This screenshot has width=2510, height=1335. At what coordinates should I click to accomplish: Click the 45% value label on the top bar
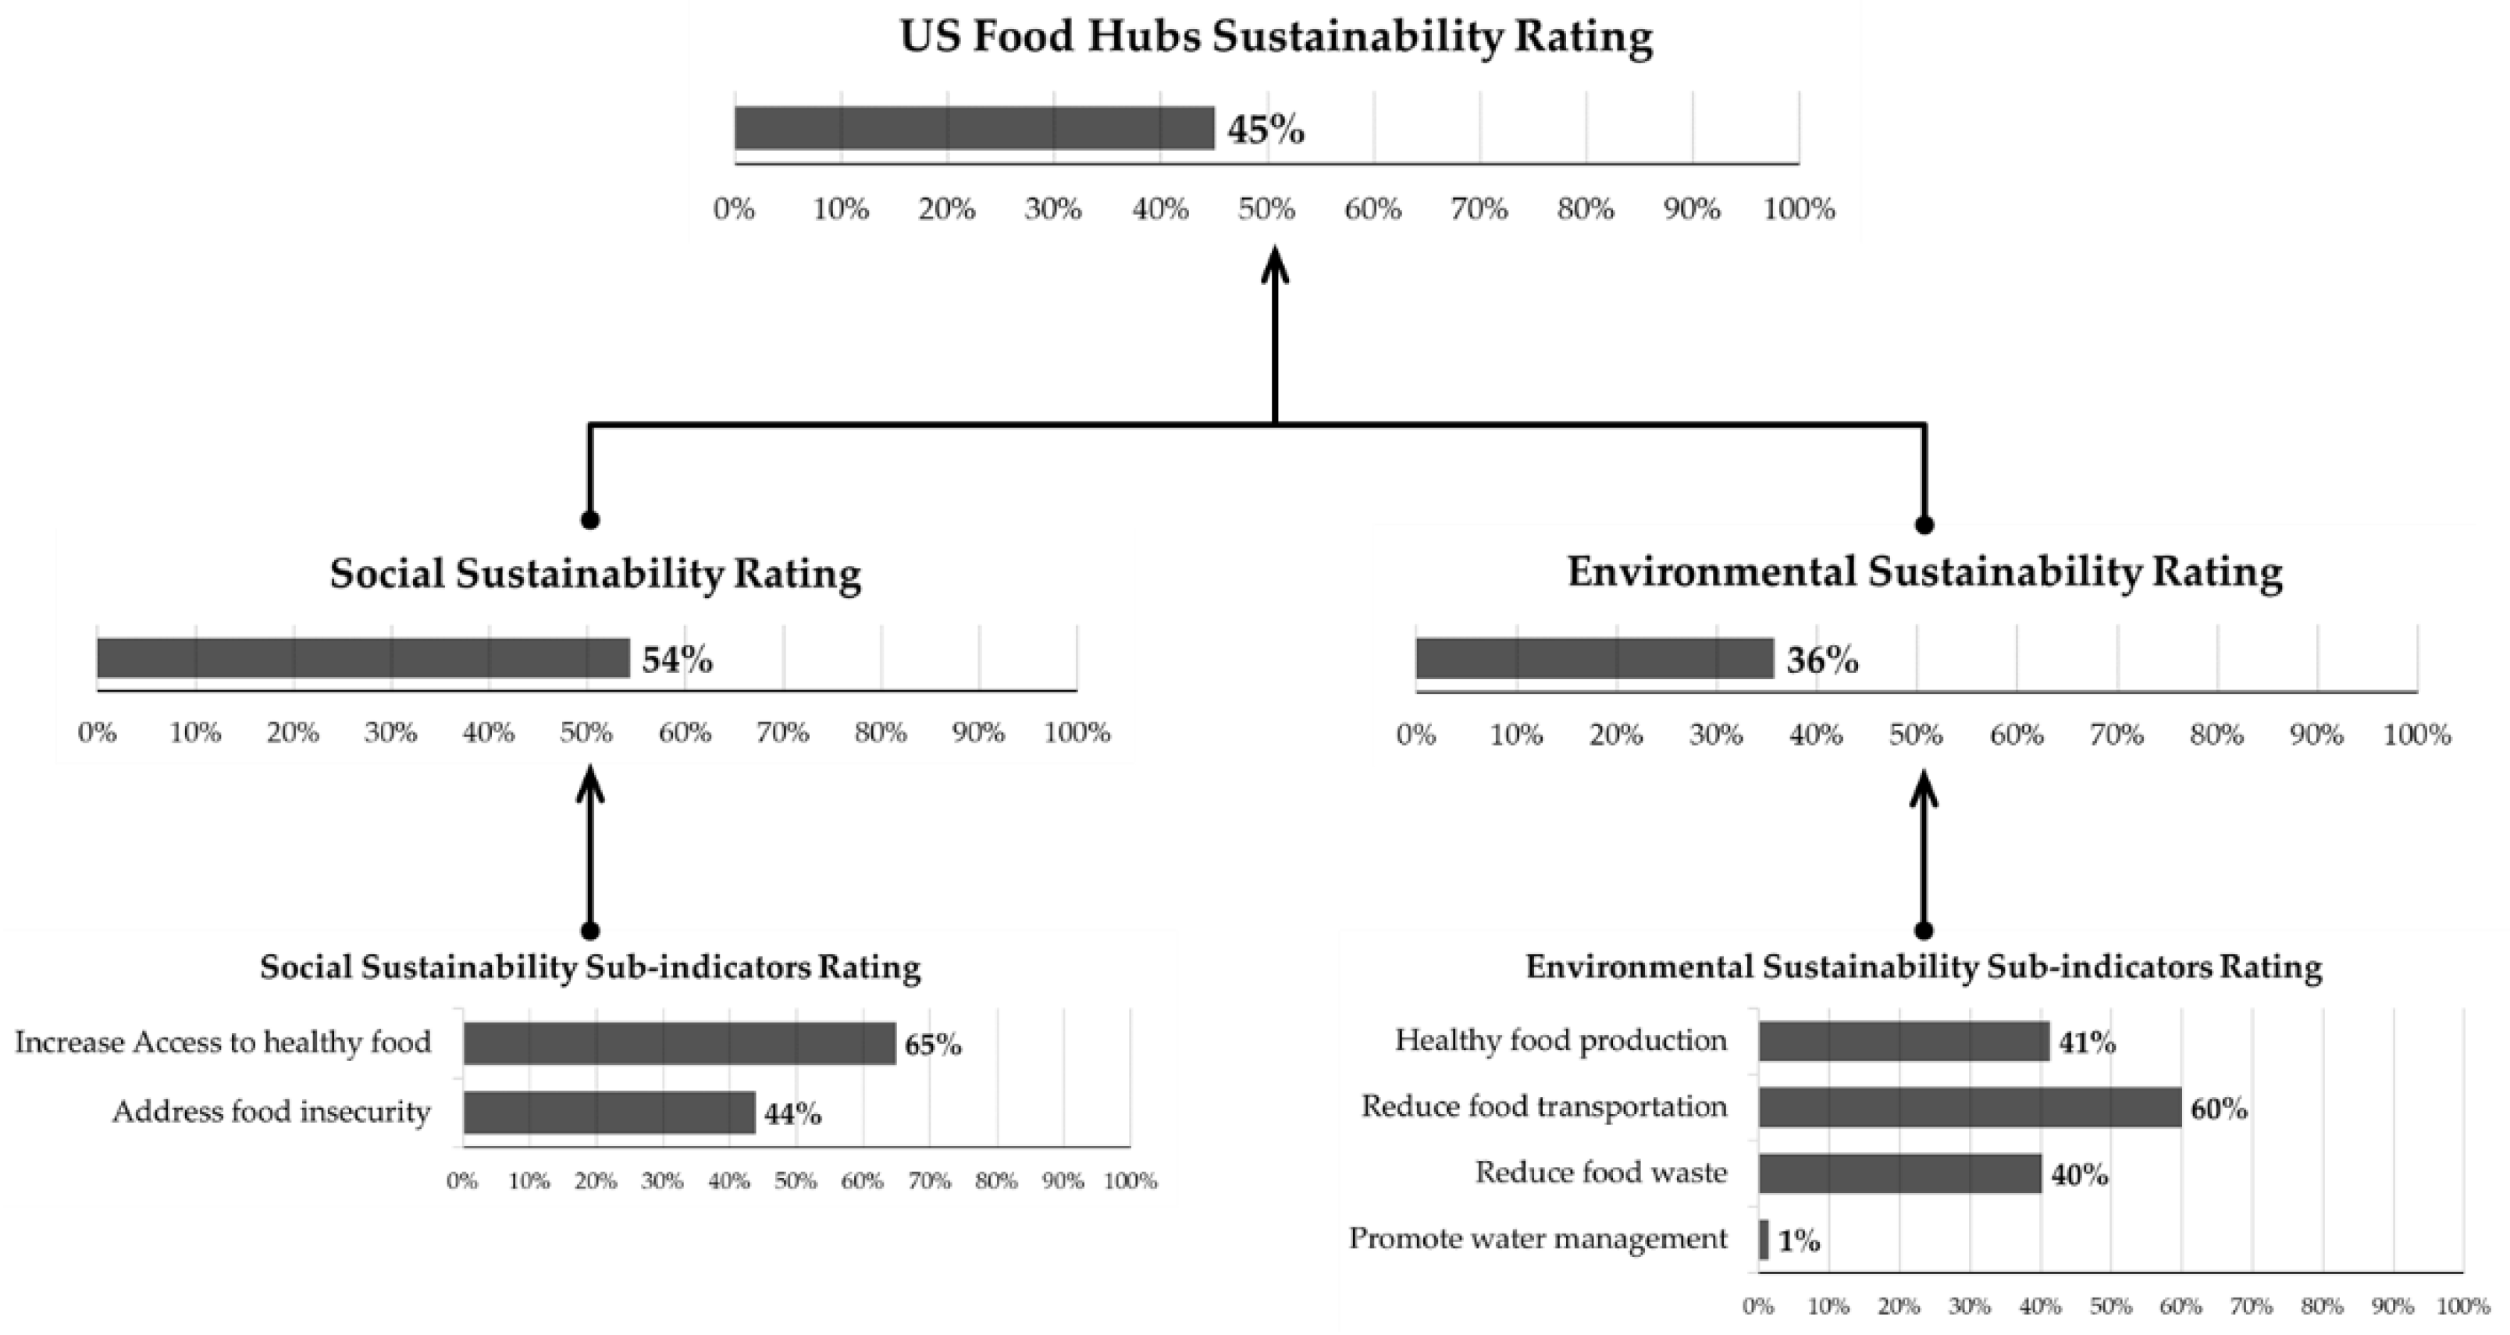click(x=1265, y=130)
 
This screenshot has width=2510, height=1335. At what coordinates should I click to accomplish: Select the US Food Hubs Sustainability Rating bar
click(x=974, y=128)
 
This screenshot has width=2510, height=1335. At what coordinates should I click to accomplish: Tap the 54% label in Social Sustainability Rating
click(x=677, y=660)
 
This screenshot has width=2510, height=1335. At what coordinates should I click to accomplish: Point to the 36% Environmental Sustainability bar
click(x=1594, y=659)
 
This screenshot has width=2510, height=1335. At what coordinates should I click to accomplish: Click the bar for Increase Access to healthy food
click(x=679, y=1043)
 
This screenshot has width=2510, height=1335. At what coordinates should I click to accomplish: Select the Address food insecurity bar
click(x=609, y=1112)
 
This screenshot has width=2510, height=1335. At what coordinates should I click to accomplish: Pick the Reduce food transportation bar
click(x=1969, y=1107)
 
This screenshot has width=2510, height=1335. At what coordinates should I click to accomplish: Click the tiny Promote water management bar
click(x=1764, y=1240)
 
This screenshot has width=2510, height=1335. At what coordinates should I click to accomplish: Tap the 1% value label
click(x=1799, y=1241)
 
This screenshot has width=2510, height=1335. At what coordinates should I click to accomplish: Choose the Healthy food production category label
click(x=1561, y=1040)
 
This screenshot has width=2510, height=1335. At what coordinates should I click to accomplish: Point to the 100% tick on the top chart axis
click(x=1799, y=208)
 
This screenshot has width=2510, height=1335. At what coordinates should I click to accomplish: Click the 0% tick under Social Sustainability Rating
click(x=98, y=732)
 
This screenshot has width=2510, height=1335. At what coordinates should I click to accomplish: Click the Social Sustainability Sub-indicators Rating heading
click(x=589, y=967)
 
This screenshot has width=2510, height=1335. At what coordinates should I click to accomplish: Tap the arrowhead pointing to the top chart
click(x=1274, y=265)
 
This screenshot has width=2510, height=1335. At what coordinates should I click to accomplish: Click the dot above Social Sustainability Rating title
click(x=589, y=519)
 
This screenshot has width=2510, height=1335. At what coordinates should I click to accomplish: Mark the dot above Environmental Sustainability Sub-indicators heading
click(x=1924, y=931)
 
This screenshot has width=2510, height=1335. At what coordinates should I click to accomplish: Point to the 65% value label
click(x=932, y=1045)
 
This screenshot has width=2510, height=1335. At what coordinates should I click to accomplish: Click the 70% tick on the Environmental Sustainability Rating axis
click(x=2117, y=735)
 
